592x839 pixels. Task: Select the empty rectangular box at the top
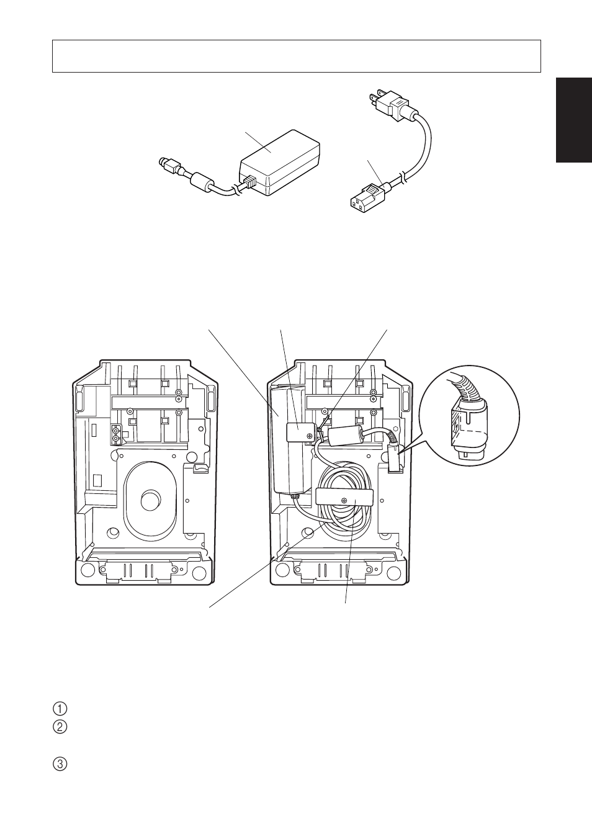tap(296, 56)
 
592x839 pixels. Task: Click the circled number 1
tap(60, 709)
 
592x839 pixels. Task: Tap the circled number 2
tap(60, 727)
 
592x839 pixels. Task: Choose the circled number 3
tap(60, 765)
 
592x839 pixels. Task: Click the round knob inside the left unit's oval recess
tap(150, 500)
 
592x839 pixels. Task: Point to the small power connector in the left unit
tap(116, 434)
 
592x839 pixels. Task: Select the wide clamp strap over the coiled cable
tap(345, 498)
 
